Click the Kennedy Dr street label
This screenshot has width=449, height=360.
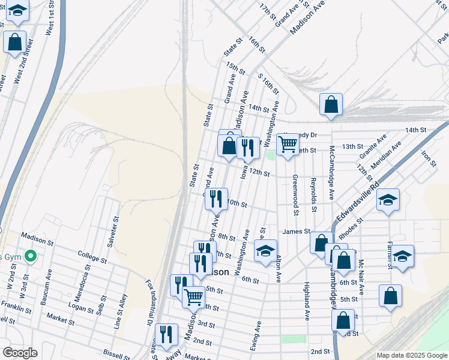click(300, 134)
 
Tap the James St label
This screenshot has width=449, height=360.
click(296, 231)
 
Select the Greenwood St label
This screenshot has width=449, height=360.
click(295, 194)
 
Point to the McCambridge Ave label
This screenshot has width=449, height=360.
click(331, 173)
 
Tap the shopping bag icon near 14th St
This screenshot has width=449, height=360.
click(331, 104)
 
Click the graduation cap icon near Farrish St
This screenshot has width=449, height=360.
click(403, 257)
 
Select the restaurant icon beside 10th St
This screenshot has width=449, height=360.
click(216, 199)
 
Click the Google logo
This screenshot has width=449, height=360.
click(20, 353)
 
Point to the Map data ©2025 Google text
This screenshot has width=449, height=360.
click(411, 355)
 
